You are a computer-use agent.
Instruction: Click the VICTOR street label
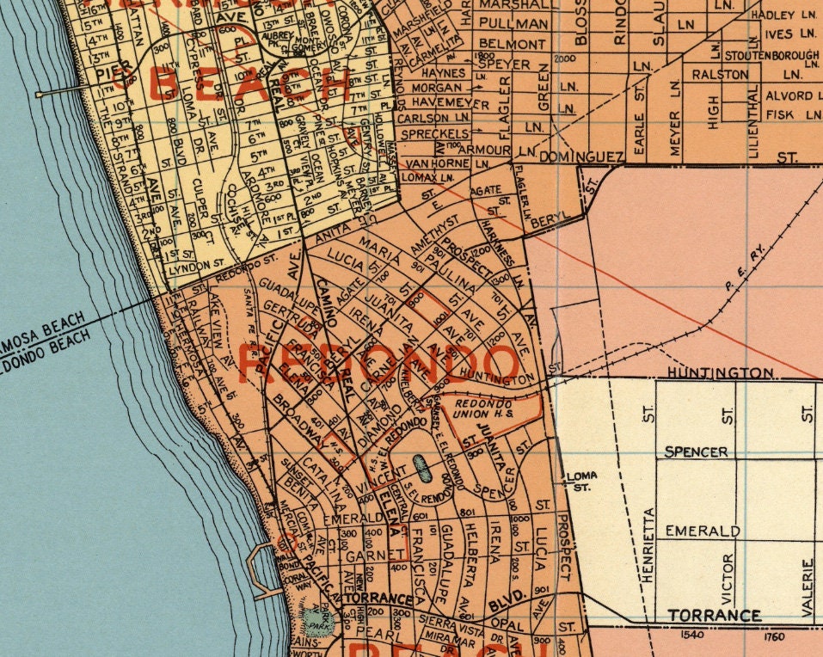pyautogui.click(x=728, y=578)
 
